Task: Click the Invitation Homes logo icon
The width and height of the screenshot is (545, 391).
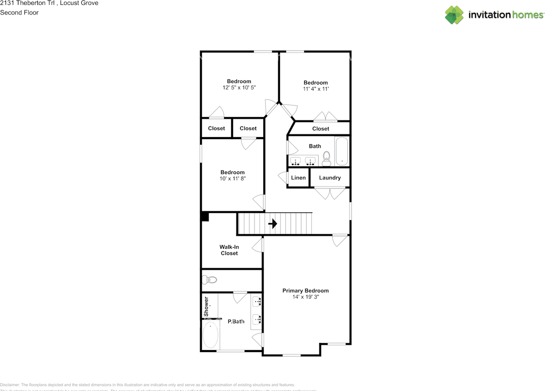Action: click(454, 15)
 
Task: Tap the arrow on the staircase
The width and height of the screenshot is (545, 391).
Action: click(272, 224)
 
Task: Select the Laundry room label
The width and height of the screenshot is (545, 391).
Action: click(330, 178)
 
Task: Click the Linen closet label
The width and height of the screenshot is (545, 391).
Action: click(298, 178)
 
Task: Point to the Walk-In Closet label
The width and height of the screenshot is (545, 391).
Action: click(229, 250)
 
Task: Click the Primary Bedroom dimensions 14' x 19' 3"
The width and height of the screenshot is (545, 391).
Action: click(305, 297)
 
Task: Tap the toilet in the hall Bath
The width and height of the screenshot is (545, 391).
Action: click(327, 158)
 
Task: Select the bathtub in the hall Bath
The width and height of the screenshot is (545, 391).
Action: click(342, 151)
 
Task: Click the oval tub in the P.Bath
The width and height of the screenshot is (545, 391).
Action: click(210, 335)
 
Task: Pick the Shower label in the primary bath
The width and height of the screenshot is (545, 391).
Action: click(207, 303)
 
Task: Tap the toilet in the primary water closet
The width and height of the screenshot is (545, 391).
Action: click(209, 280)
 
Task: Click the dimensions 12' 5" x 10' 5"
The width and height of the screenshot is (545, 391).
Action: click(239, 87)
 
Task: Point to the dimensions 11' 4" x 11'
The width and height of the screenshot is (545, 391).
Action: click(316, 89)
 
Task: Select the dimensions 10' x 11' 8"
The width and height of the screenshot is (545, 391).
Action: click(232, 179)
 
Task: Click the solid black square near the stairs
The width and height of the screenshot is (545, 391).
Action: click(205, 217)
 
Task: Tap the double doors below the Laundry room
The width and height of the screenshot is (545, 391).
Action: click(330, 194)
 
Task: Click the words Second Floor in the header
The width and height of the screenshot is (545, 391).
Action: click(19, 12)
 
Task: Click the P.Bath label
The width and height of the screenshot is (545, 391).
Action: click(236, 322)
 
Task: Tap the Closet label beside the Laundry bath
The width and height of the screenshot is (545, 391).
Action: click(321, 129)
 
